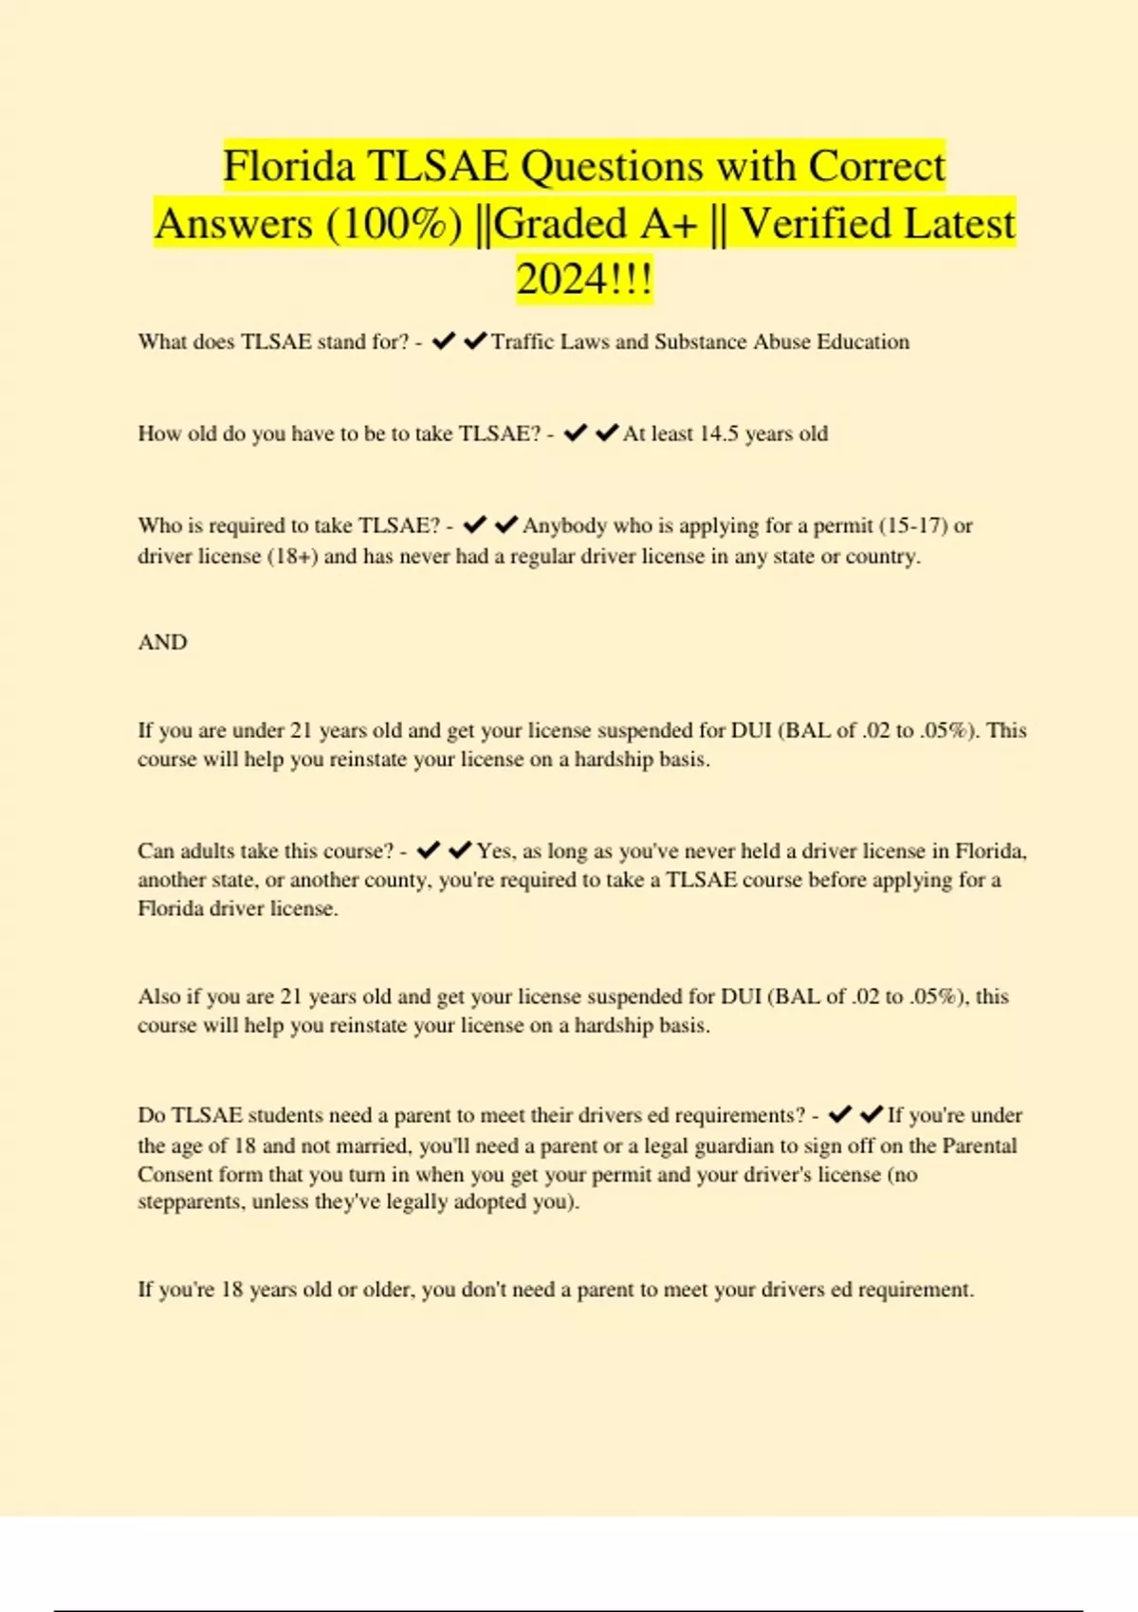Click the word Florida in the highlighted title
click(x=288, y=167)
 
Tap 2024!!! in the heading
click(x=584, y=280)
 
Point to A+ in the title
click(x=669, y=224)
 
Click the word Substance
click(x=701, y=341)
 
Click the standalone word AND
click(x=162, y=642)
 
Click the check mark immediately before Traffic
click(x=474, y=341)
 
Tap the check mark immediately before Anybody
click(x=505, y=524)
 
